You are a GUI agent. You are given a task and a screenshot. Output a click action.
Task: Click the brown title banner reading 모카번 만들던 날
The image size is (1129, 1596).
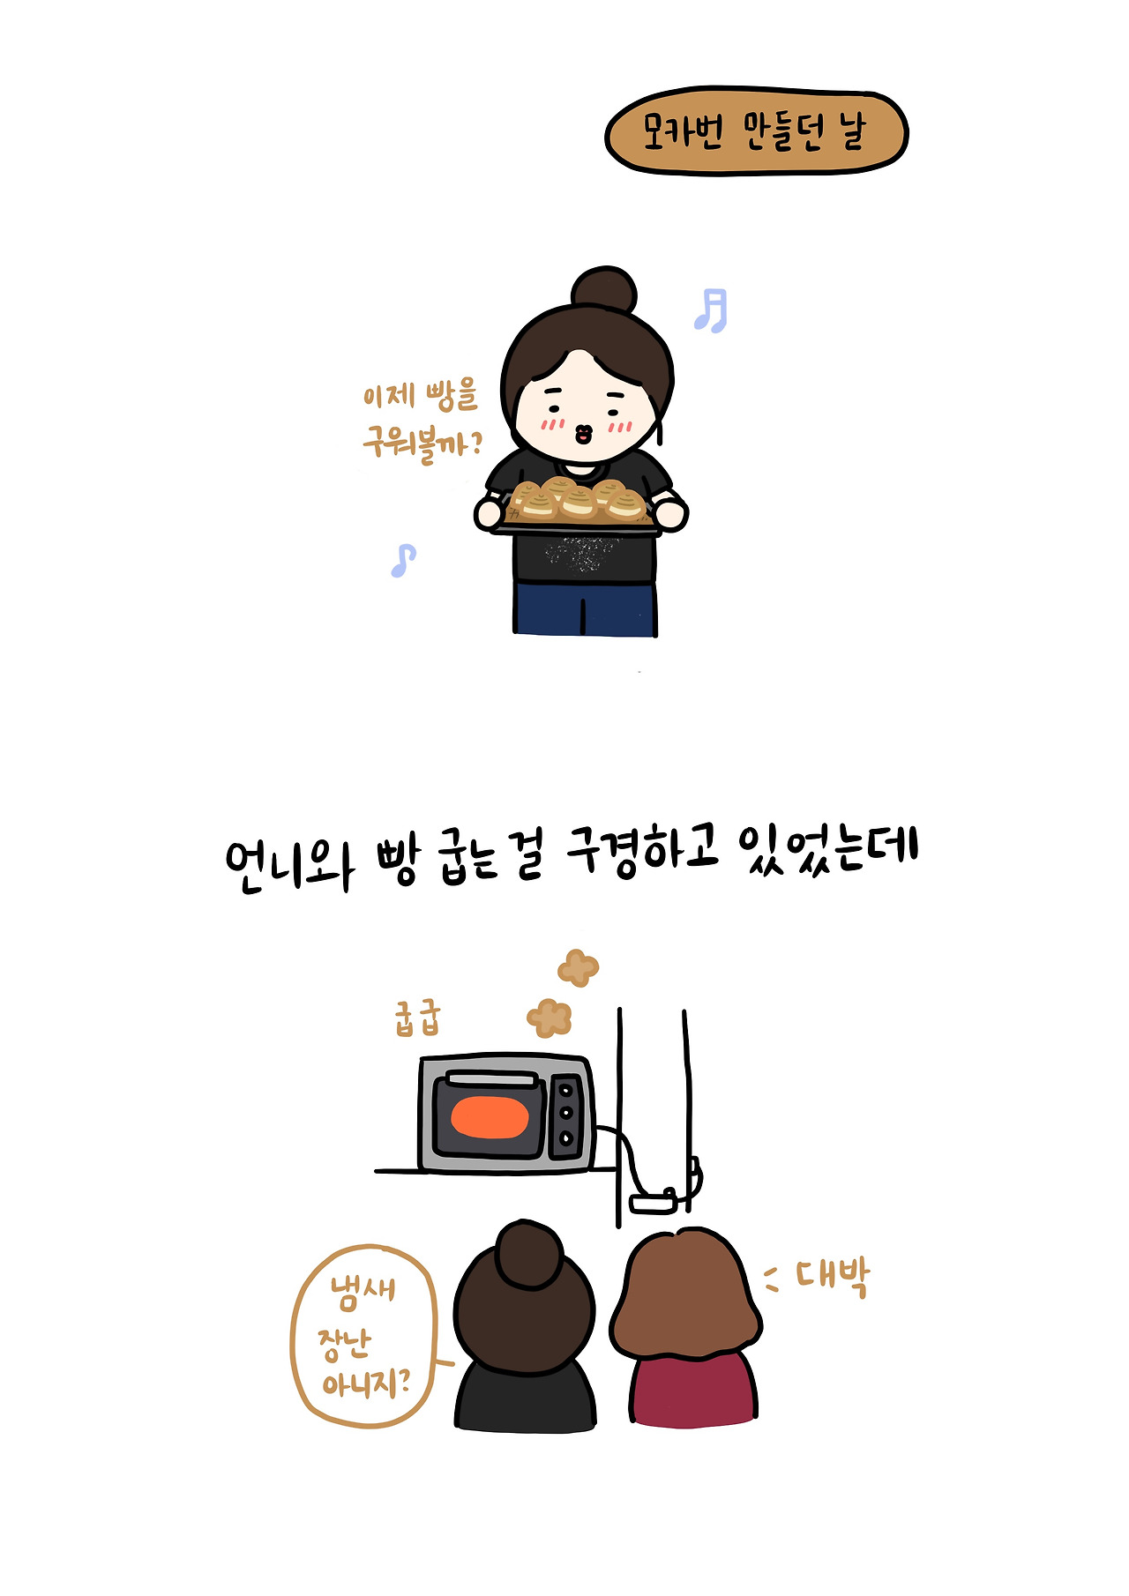tap(756, 131)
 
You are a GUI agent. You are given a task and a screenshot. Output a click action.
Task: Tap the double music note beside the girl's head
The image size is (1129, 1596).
tap(711, 310)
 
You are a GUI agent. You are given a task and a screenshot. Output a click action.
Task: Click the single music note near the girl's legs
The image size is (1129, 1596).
tap(403, 560)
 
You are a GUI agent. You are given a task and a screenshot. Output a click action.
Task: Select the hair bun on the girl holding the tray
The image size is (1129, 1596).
tap(603, 288)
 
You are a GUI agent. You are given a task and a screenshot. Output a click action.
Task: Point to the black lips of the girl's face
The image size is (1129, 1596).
tap(583, 434)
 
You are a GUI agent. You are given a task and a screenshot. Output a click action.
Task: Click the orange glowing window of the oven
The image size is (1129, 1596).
tap(490, 1117)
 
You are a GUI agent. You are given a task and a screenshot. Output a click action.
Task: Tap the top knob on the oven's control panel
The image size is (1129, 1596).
tap(566, 1092)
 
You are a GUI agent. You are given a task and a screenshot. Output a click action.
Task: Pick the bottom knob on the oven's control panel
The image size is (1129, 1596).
tap(566, 1139)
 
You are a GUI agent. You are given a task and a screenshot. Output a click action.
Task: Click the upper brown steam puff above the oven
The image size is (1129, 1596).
tap(578, 967)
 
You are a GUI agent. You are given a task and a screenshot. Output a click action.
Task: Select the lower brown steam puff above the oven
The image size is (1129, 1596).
tap(550, 1018)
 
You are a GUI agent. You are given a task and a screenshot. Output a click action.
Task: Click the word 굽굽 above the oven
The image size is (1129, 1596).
tap(416, 1018)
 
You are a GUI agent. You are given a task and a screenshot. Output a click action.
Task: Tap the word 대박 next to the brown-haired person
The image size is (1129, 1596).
tap(833, 1276)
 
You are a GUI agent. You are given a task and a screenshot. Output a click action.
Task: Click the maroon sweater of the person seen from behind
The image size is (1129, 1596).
tap(693, 1389)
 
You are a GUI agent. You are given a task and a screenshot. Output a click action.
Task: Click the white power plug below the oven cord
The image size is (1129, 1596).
tap(654, 1203)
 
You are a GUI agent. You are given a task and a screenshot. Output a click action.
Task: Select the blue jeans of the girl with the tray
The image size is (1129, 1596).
tap(585, 608)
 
